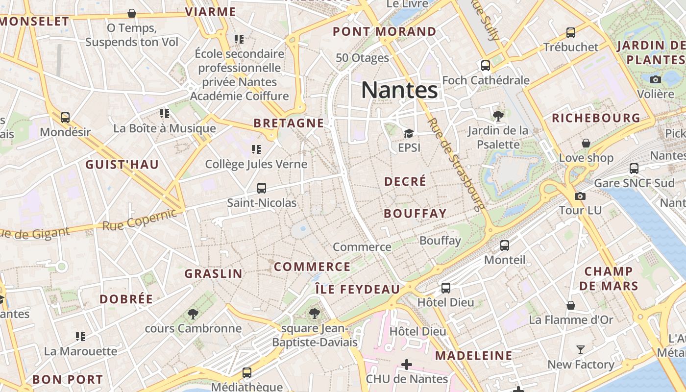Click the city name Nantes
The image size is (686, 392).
(x=399, y=90)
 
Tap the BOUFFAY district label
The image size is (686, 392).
(x=415, y=214)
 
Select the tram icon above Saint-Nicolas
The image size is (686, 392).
(x=262, y=188)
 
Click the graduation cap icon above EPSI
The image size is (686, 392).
(x=408, y=133)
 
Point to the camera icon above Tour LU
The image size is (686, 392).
(x=580, y=196)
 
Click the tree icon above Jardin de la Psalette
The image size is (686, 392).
(x=498, y=116)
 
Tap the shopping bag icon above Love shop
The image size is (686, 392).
(x=586, y=144)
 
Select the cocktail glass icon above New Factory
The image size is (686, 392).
(x=581, y=350)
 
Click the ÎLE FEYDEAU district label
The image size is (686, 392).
(x=357, y=289)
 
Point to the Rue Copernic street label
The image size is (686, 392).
(x=139, y=220)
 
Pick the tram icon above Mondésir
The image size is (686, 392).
(x=65, y=118)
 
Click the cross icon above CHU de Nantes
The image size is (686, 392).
(x=407, y=365)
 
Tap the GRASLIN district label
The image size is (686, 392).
(x=213, y=273)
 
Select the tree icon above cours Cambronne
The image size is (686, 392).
(x=193, y=314)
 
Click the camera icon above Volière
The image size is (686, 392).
(x=656, y=79)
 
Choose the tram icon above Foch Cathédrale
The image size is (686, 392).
(x=486, y=66)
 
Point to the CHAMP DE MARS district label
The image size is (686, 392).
(x=609, y=278)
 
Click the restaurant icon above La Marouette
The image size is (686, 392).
(x=80, y=337)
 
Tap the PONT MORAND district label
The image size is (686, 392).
(x=384, y=32)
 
